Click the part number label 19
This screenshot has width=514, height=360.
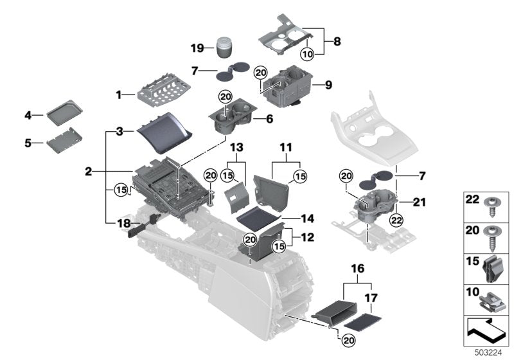click(197, 48)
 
